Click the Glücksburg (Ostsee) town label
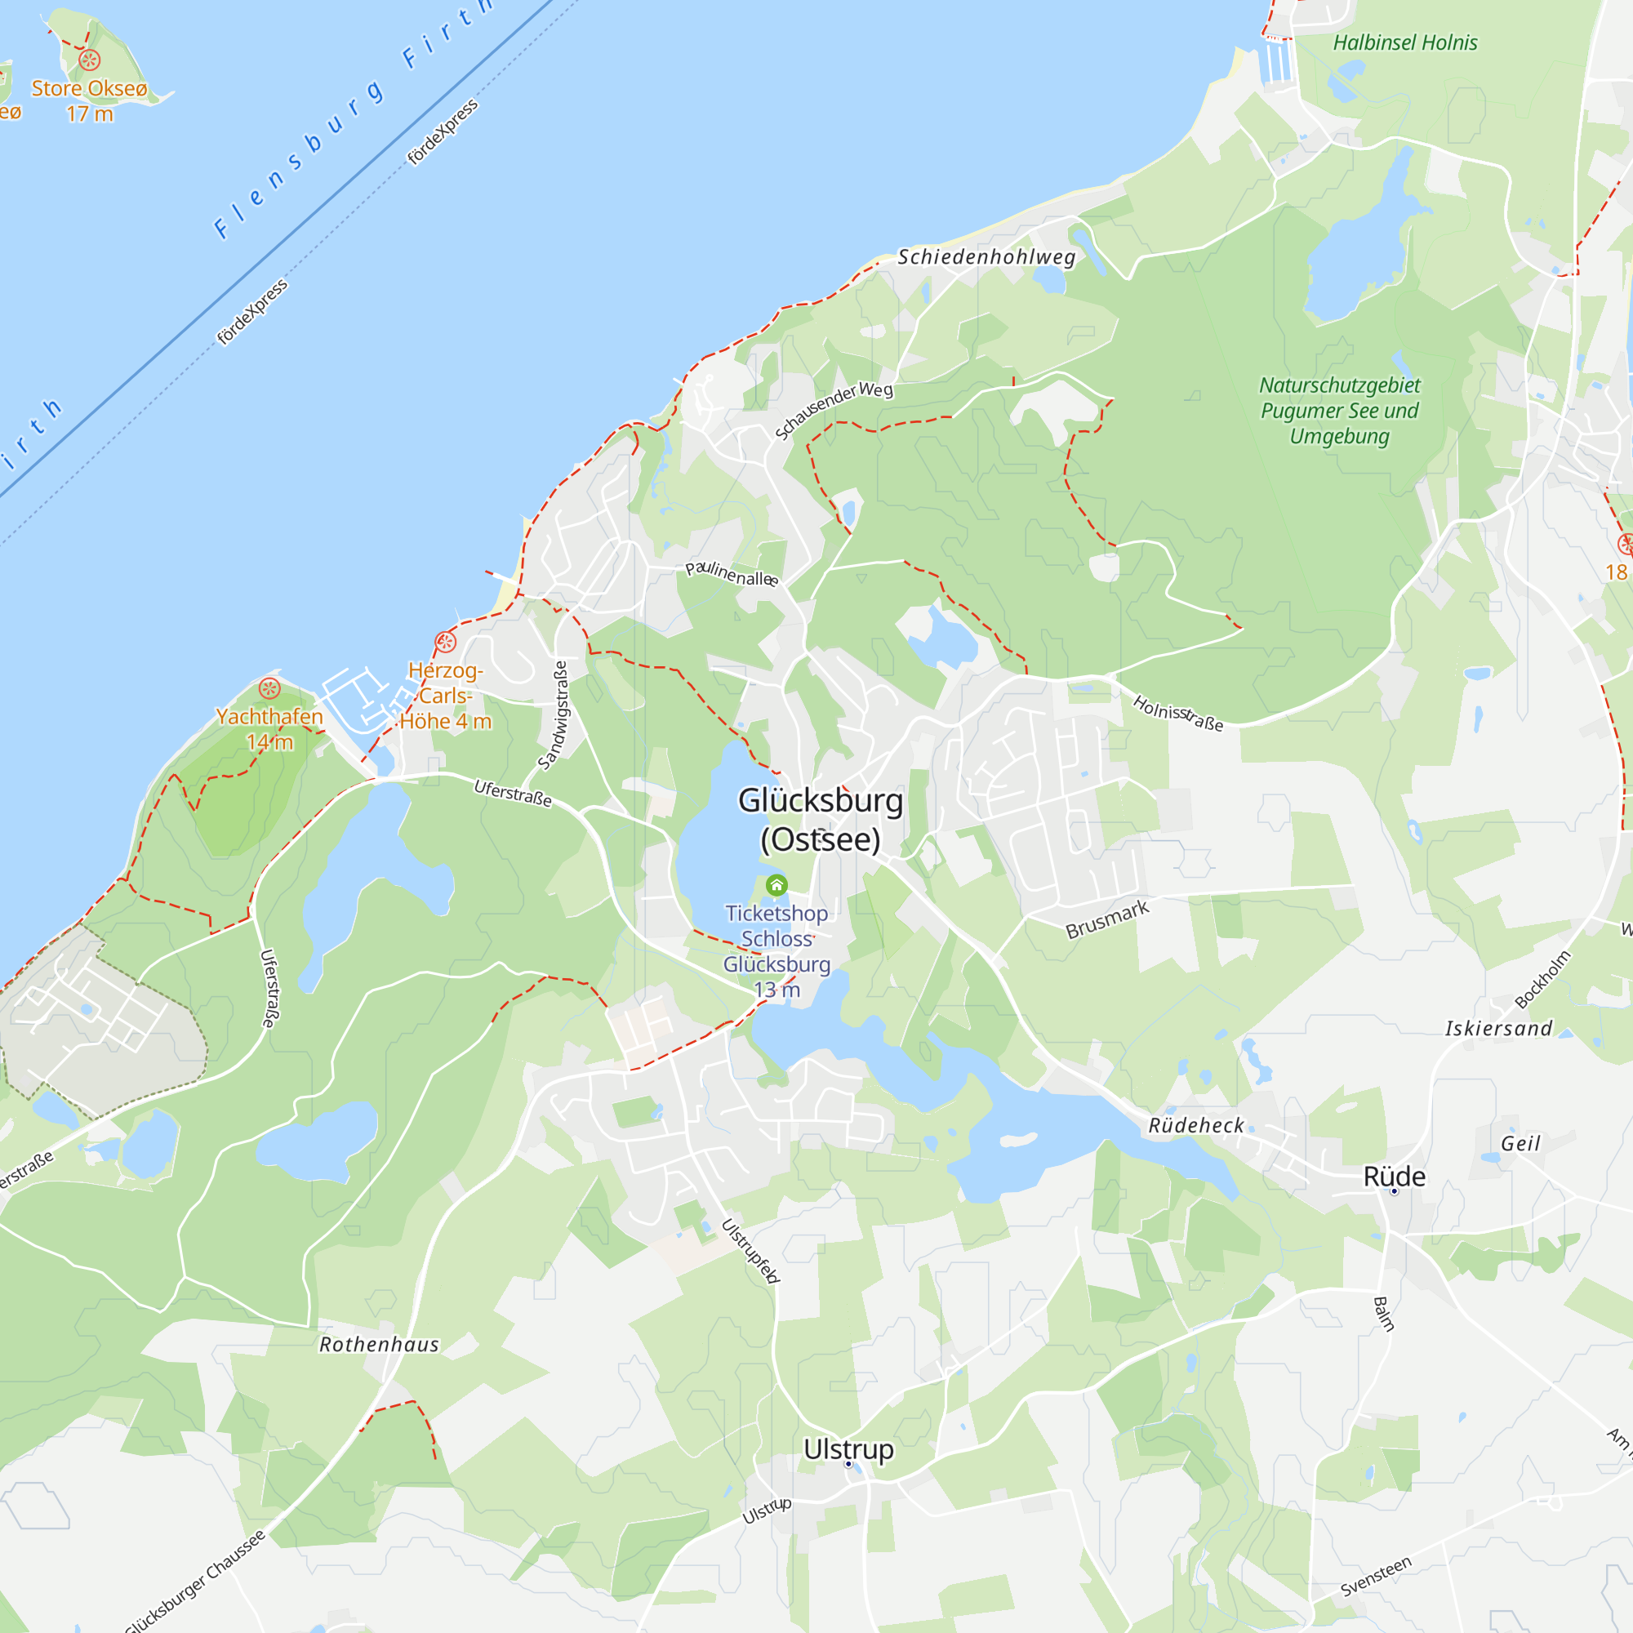tap(820, 820)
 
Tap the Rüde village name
tap(1394, 1177)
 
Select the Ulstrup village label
tap(848, 1448)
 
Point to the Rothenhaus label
tap(380, 1345)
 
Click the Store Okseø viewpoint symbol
tap(90, 60)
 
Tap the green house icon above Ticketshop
tap(776, 885)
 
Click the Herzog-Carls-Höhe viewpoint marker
tap(446, 642)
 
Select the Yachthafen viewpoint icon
tap(269, 688)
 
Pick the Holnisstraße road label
tap(1177, 713)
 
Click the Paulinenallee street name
tap(731, 574)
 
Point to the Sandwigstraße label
tap(553, 715)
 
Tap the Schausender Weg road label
tap(834, 410)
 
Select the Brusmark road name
tap(1107, 919)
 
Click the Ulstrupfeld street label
tap(750, 1251)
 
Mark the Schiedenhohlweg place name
tap(986, 257)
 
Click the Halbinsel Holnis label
tap(1404, 43)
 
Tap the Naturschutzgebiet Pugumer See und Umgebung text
tap(1339, 411)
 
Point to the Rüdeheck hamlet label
tap(1196, 1126)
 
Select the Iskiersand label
tap(1498, 1029)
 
